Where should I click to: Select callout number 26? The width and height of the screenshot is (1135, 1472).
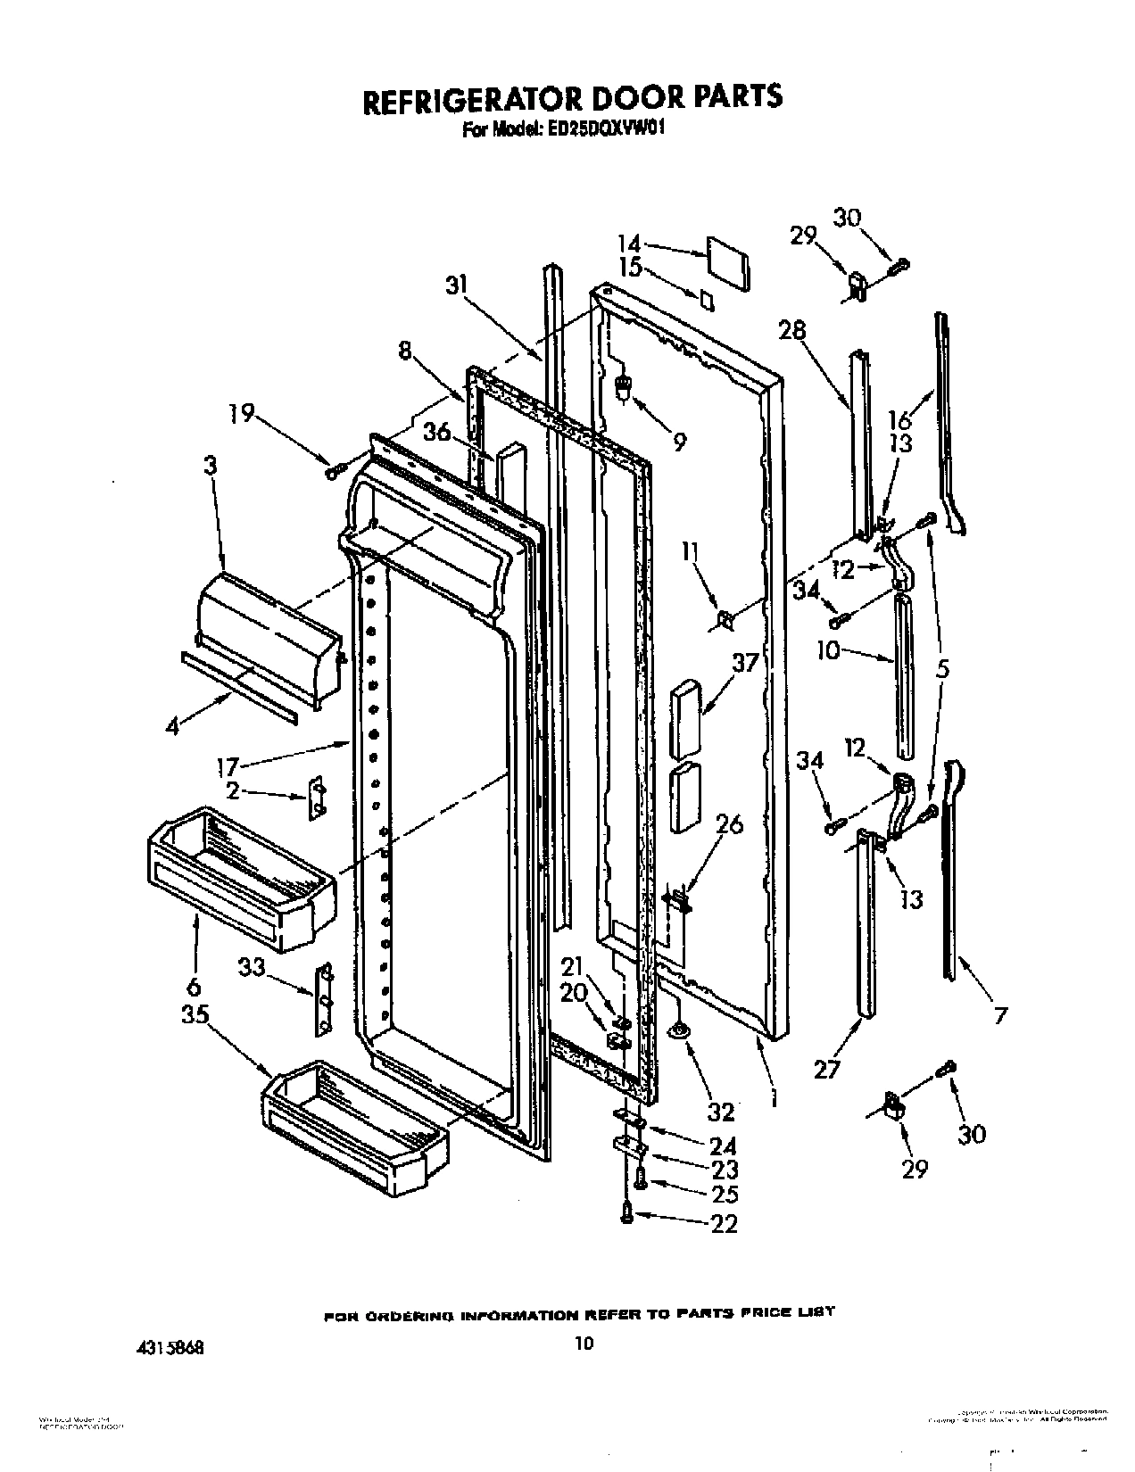[x=729, y=823]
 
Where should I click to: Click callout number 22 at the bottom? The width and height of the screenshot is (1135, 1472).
[x=725, y=1224]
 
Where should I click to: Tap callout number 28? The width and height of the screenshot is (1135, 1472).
[x=791, y=330]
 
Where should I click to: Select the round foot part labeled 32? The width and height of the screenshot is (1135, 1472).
[x=680, y=1032]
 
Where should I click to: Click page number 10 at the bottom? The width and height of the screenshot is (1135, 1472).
[x=584, y=1342]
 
